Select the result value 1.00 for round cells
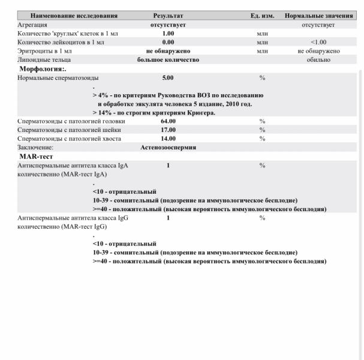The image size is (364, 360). pyautogui.click(x=168, y=33)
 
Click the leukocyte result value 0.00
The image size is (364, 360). pyautogui.click(x=168, y=42)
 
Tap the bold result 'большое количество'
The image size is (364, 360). pyautogui.click(x=168, y=60)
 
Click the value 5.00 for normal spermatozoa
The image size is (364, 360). pyautogui.click(x=168, y=78)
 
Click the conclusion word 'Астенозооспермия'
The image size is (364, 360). pyautogui.click(x=168, y=147)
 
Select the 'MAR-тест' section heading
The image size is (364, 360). pyautogui.click(x=38, y=156)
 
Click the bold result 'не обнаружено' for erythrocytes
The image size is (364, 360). pyautogui.click(x=168, y=51)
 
